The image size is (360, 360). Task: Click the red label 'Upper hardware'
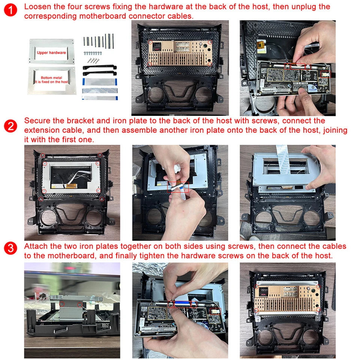pyautogui.click(x=51, y=52)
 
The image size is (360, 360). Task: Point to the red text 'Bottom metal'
pyautogui.click(x=51, y=77)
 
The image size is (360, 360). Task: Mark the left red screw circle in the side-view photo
pyautogui.click(x=63, y=303)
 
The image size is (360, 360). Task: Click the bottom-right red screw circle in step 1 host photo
pyautogui.click(x=210, y=64)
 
